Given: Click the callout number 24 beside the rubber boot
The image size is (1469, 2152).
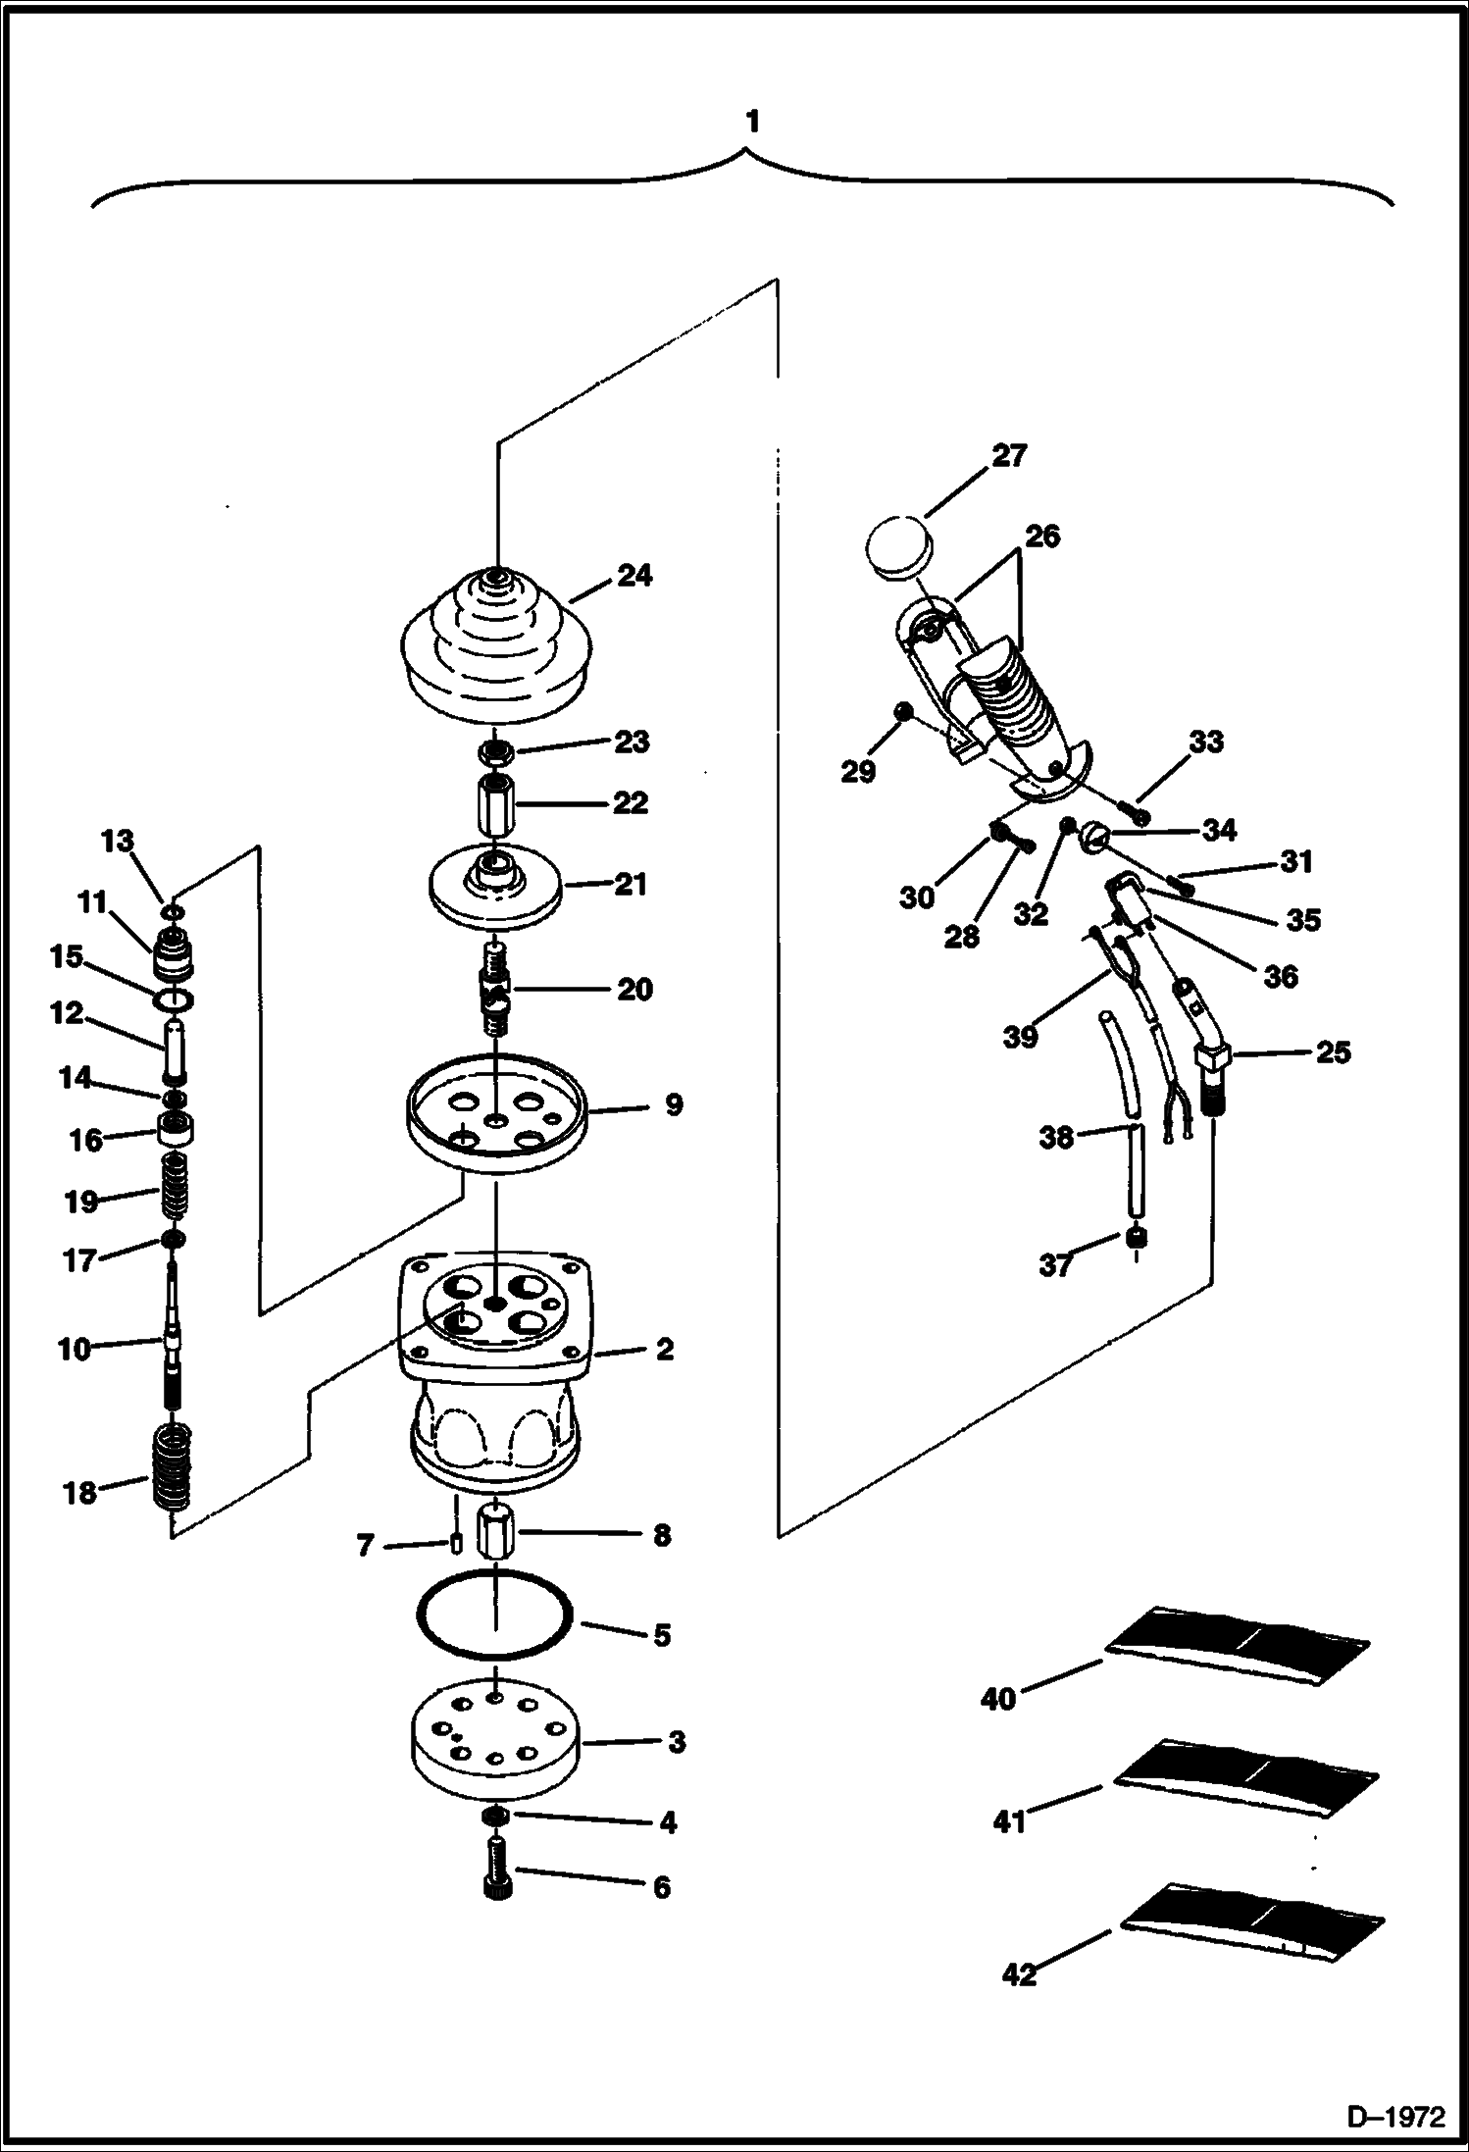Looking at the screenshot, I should (x=633, y=575).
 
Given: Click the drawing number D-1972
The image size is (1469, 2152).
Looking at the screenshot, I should (x=1396, y=2115).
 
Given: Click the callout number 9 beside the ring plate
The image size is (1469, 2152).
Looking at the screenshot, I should (x=673, y=1105).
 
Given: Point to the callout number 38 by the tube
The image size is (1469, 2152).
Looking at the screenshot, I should (x=1056, y=1138).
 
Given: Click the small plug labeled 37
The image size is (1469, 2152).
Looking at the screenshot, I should (x=1138, y=1240).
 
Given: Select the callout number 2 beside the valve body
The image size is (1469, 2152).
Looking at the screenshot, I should (x=664, y=1350).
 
